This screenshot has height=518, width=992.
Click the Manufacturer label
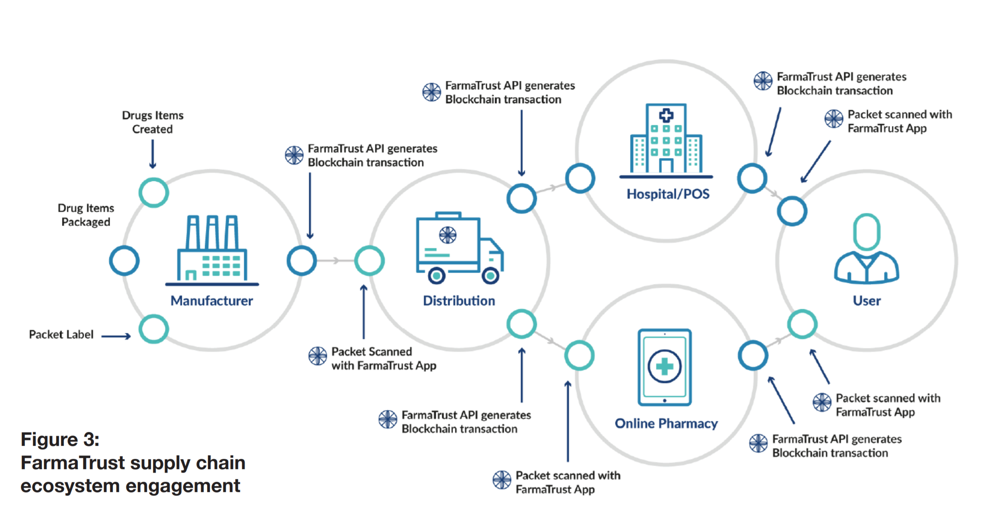point(211,301)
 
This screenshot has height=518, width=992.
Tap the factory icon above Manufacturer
point(212,249)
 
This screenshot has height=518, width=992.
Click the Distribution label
point(459,301)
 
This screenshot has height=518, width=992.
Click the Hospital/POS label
point(668,194)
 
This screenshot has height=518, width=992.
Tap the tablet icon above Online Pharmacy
point(665,367)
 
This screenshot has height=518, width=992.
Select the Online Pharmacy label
point(666,423)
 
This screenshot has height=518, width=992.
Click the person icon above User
point(867,249)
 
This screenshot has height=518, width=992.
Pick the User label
point(867,301)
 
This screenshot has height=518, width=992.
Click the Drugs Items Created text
point(153,122)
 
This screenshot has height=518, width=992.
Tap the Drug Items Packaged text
point(86,215)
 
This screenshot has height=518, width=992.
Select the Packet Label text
point(61,334)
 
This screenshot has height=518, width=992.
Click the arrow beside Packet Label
point(116,336)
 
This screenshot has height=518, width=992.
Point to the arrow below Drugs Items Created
point(153,154)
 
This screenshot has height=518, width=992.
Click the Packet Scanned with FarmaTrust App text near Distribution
point(383,358)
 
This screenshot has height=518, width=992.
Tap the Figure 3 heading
point(60,439)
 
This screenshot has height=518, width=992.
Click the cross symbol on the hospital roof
point(666,115)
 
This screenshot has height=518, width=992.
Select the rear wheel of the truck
point(437,276)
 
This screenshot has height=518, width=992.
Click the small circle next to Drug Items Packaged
point(124,261)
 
